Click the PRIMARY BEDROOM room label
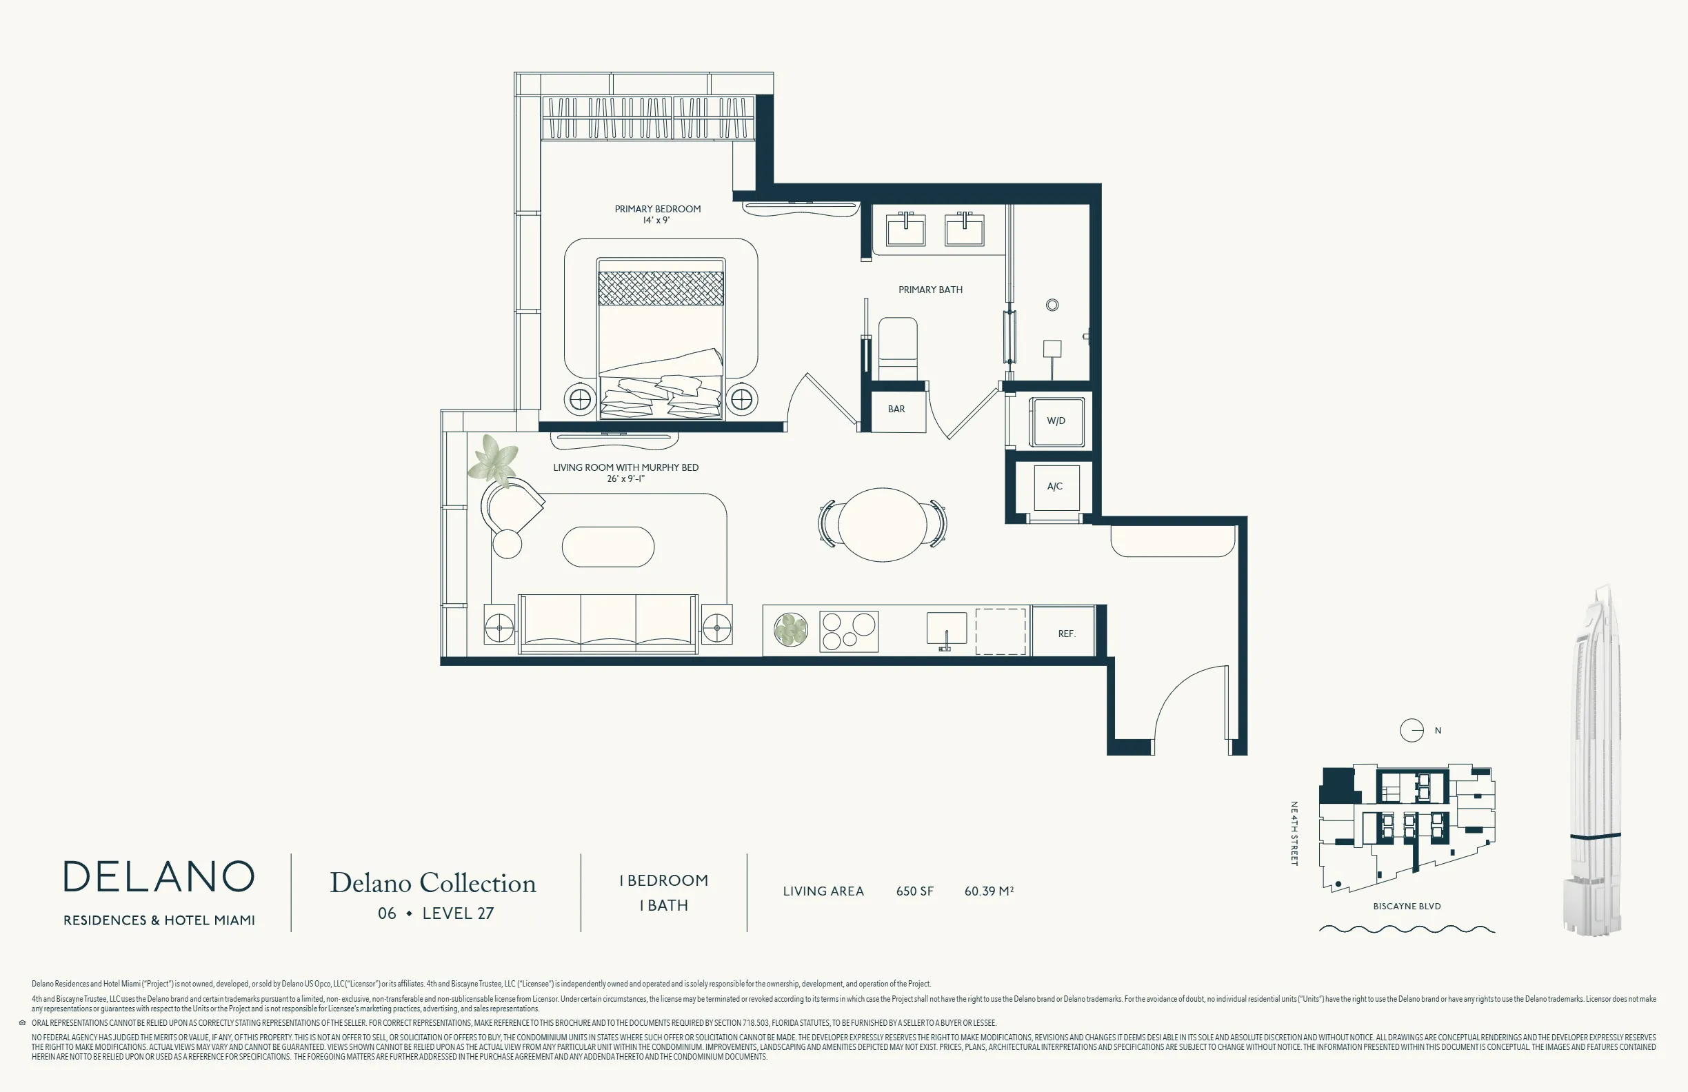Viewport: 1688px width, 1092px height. (657, 209)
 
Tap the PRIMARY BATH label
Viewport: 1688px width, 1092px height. (930, 290)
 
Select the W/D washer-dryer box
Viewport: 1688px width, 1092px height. (1056, 421)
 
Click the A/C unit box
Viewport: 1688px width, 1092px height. (1056, 487)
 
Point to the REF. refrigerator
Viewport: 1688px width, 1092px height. (1065, 630)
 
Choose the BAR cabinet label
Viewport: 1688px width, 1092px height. (896, 409)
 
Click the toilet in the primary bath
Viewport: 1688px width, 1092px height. (898, 349)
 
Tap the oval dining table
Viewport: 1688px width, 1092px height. (883, 525)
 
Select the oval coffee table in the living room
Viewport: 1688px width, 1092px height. (607, 547)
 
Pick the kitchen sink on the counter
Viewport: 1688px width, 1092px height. (947, 629)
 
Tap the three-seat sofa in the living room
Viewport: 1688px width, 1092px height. (607, 624)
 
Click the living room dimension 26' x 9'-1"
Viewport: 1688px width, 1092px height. (625, 478)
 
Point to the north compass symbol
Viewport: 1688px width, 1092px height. (1411, 730)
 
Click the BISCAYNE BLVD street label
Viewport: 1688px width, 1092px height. (1407, 907)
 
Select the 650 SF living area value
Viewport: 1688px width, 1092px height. (915, 891)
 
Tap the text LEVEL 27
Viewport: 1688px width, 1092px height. (458, 913)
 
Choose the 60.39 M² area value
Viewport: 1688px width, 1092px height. (989, 891)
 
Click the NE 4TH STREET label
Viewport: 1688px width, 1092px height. (1294, 833)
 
